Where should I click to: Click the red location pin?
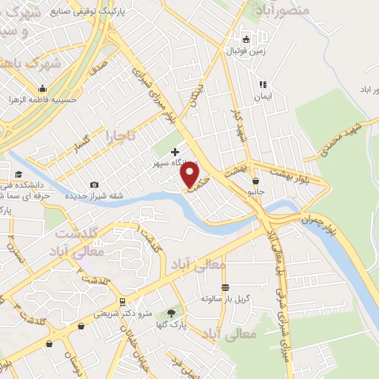pos(191,175)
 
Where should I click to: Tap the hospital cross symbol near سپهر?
pos(175,152)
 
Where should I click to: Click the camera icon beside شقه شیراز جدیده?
pos(94,184)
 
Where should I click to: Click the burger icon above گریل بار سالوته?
pos(225,286)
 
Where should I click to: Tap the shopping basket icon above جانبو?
pos(255,181)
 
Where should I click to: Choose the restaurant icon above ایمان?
pos(262,84)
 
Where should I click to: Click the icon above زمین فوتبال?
pos(246,39)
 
